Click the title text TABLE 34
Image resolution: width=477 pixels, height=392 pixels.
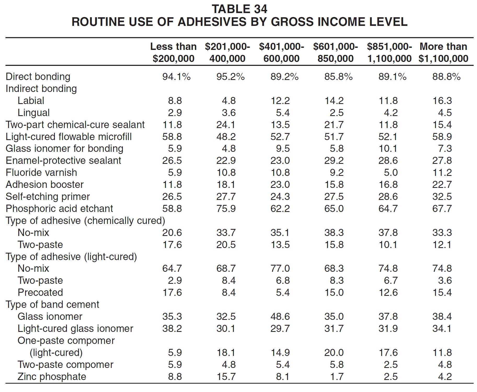pyautogui.click(x=239, y=9)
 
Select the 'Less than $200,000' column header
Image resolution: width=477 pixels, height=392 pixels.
pyautogui.click(x=173, y=53)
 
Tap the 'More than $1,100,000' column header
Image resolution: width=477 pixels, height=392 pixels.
pyautogui.click(x=443, y=53)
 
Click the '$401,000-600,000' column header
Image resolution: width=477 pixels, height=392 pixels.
pyautogui.click(x=281, y=53)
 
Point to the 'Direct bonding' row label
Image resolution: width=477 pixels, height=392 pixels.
pyautogui.click(x=38, y=77)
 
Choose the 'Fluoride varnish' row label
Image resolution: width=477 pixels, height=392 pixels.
pyautogui.click(x=41, y=172)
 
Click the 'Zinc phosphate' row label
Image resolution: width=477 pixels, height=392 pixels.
pyautogui.click(x=52, y=377)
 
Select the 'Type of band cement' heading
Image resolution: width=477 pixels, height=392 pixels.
pyautogui.click(x=52, y=304)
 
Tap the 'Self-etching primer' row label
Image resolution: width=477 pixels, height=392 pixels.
pyautogui.click(x=48, y=197)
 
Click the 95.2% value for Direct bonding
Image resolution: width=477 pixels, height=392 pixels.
pyautogui.click(x=231, y=77)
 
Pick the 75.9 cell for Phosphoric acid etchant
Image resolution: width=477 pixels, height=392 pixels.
pyautogui.click(x=226, y=209)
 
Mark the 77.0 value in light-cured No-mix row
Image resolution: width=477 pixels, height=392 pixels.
pyautogui.click(x=280, y=268)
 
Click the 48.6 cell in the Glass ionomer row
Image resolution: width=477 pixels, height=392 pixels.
pyautogui.click(x=280, y=316)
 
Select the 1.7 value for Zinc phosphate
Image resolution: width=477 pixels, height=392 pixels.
pyautogui.click(x=337, y=377)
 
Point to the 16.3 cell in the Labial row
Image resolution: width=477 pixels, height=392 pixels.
pyautogui.click(x=442, y=101)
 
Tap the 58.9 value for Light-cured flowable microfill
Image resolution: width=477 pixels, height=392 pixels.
pyautogui.click(x=442, y=137)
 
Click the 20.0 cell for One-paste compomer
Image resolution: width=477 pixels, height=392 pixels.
pyautogui.click(x=334, y=353)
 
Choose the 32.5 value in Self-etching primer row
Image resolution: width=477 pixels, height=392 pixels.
pyautogui.click(x=442, y=197)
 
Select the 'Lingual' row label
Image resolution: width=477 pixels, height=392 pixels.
pyautogui.click(x=33, y=113)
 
